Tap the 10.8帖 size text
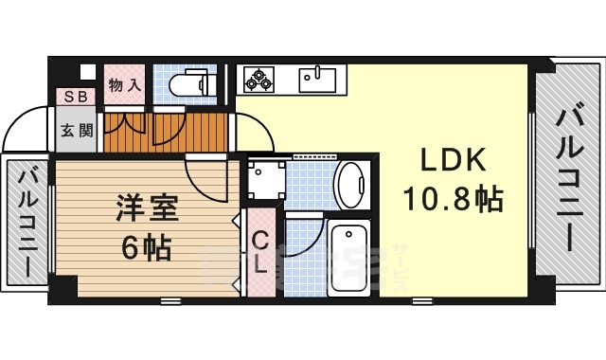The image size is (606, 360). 453,199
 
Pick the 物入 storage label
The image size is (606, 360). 124,85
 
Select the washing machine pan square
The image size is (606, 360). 265,177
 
